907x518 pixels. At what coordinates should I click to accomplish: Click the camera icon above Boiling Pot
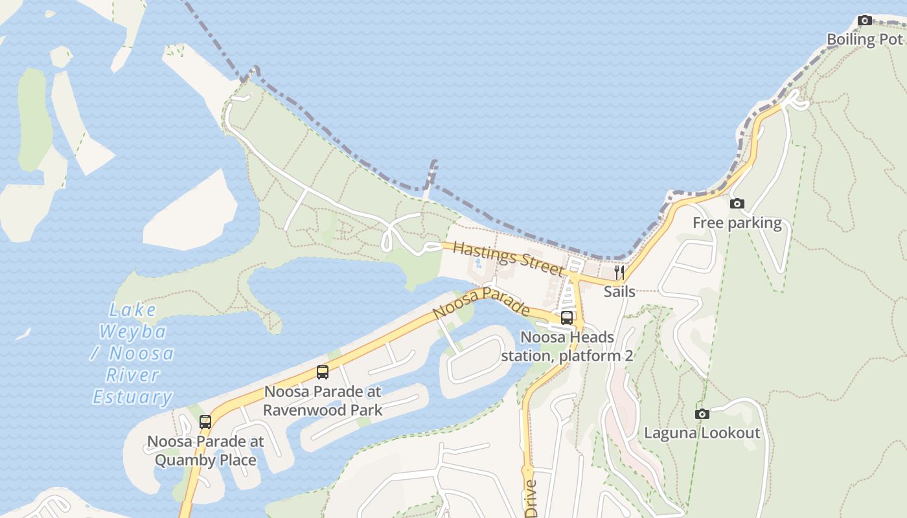point(864,21)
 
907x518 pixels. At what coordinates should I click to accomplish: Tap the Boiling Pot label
point(864,39)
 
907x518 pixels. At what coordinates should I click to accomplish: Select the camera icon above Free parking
point(737,204)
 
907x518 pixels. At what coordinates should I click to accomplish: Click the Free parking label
point(737,223)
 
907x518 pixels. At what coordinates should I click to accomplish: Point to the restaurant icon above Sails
point(619,272)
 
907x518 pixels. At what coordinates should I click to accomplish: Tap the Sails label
point(619,291)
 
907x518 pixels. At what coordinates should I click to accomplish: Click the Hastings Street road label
point(508,258)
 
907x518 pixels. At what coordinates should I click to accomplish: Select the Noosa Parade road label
point(481,302)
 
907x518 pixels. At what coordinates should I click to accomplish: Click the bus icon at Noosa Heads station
point(567,317)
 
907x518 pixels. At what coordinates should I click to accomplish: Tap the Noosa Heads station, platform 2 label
point(567,346)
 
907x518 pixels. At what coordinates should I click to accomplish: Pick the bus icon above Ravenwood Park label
point(323,372)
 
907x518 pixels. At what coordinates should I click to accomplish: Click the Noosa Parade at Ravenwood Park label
point(323,401)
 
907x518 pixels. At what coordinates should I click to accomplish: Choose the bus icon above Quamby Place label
point(205,422)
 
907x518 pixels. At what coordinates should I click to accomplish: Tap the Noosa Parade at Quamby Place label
point(205,451)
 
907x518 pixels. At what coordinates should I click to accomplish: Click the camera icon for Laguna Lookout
point(702,414)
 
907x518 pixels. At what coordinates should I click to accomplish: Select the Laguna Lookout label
point(702,433)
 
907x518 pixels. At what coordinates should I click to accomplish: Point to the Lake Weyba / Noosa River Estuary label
point(133,354)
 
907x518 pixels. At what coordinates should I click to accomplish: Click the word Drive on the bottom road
point(531,499)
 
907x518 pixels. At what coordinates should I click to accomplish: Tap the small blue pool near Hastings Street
point(478,264)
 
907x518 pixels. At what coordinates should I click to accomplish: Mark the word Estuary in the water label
point(133,397)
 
